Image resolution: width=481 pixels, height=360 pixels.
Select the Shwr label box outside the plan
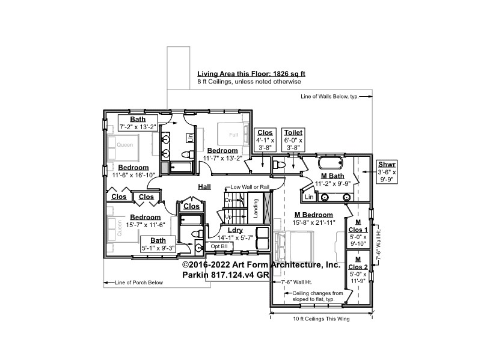pyautogui.click(x=386, y=171)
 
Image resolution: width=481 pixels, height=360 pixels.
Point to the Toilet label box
pyautogui.click(x=293, y=139)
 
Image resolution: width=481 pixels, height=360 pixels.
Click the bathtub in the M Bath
pyautogui.click(x=330, y=163)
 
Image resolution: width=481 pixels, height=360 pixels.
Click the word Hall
pyautogui.click(x=204, y=188)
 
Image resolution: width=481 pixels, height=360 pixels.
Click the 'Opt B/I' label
pyautogui.click(x=219, y=246)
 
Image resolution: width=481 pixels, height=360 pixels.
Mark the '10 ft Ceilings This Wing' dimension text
pyautogui.click(x=321, y=319)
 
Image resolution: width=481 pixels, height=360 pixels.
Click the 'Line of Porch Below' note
pyautogui.click(x=138, y=282)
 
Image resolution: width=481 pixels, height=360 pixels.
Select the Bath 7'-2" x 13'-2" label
pyautogui.click(x=138, y=123)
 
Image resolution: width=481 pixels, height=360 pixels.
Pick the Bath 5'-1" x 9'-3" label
pyautogui.click(x=158, y=243)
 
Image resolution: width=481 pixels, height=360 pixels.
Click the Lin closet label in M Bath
pyautogui.click(x=309, y=197)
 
